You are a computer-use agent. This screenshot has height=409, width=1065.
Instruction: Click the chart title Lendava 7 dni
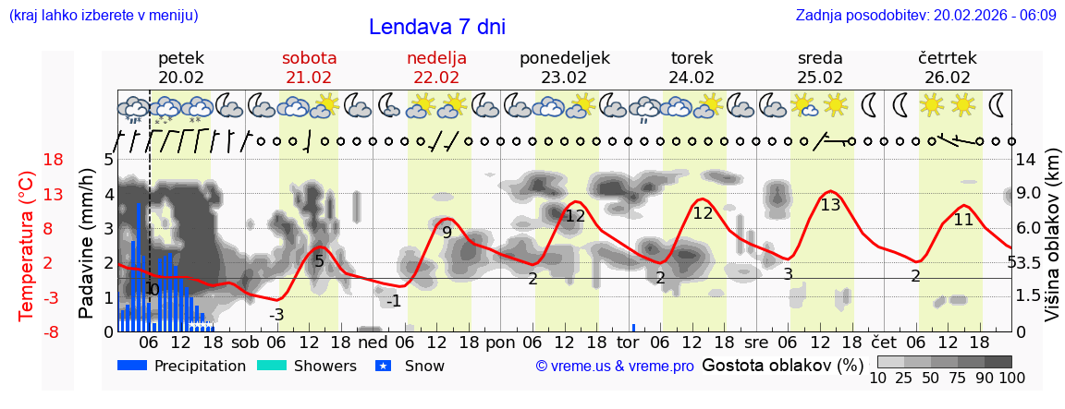pos(436,27)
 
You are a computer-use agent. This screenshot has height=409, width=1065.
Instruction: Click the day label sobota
pos(309,58)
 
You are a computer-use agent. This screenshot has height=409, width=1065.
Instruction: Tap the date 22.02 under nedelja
pos(436,78)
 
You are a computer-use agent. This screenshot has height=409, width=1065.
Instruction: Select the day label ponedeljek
pos(564,58)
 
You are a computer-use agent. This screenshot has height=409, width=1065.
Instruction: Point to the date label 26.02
pos(947,78)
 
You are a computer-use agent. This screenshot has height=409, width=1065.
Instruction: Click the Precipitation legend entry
pos(182,366)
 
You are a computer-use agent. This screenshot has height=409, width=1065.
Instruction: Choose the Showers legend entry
pos(306,366)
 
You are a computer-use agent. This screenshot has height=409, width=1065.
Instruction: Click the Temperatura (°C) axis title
pos(27,245)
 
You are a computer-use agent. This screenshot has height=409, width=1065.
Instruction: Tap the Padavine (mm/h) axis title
pos(86,244)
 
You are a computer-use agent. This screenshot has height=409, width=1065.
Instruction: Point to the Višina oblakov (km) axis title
pos(1051,245)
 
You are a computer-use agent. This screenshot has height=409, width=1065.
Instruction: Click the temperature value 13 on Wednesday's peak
pos(830,205)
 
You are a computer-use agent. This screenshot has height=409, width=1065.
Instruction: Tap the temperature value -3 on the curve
pos(275,315)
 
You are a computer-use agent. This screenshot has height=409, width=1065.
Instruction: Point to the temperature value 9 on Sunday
pos(447,233)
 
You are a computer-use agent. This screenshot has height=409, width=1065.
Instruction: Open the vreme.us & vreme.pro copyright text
pos(615,367)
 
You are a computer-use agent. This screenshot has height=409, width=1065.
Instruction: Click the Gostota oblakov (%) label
pos(782,366)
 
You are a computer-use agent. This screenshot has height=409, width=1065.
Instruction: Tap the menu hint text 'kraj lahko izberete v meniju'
pos(103,16)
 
